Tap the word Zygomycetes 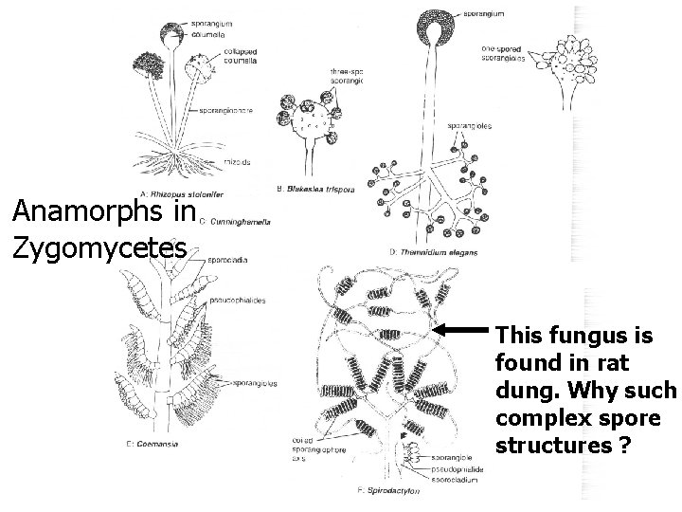pos(100,248)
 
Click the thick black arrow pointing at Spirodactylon pos(465,329)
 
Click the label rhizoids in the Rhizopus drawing pos(238,162)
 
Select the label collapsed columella pos(242,56)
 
